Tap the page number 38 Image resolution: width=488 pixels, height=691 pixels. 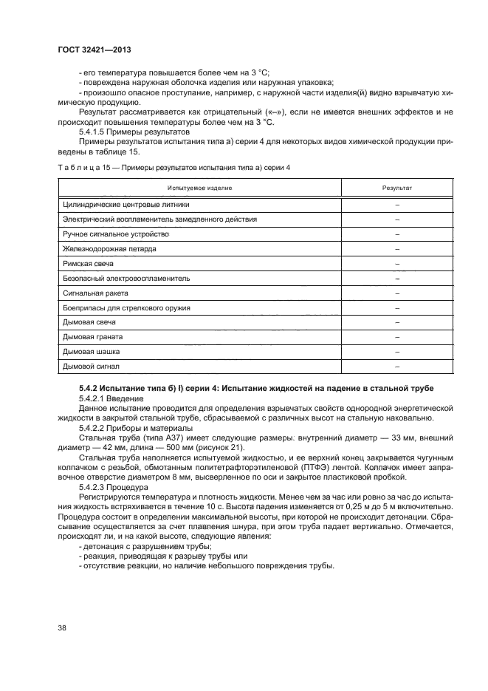pyautogui.click(x=62, y=628)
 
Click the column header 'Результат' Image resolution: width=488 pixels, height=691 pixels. pyautogui.click(x=396, y=188)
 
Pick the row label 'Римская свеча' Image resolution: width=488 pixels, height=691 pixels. pyautogui.click(x=86, y=264)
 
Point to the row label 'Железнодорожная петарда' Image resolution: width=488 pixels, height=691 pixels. pyautogui.click(x=109, y=249)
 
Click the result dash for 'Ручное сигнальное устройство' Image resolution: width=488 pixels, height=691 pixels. pyautogui.click(x=396, y=234)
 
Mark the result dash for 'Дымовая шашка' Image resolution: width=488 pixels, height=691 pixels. pyautogui.click(x=396, y=351)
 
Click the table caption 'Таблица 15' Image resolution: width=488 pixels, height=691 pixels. pyautogui.click(x=80, y=168)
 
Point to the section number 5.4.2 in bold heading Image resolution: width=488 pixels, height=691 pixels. pyautogui.click(x=89, y=388)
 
